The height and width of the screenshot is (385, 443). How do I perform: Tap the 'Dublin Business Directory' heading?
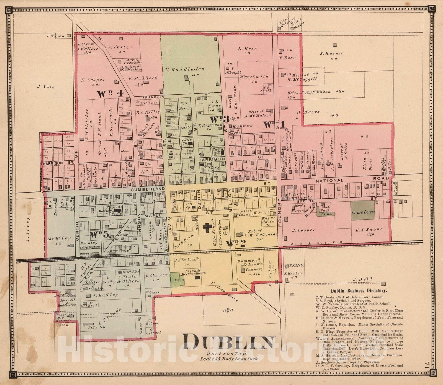(359, 291)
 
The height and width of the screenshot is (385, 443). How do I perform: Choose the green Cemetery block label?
(363, 212)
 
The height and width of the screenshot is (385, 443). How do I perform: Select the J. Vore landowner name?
(46, 86)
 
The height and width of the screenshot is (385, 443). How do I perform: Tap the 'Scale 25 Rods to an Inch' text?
(228, 359)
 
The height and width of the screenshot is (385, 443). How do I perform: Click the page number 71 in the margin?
(427, 365)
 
